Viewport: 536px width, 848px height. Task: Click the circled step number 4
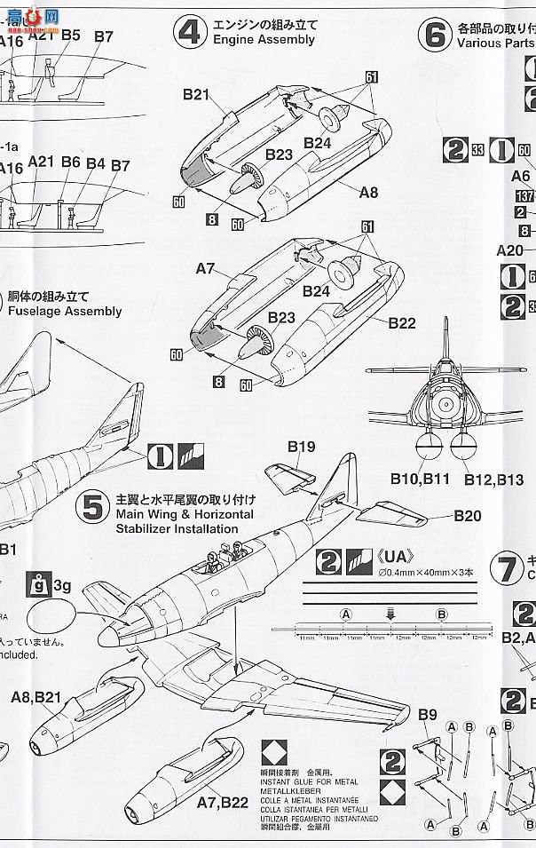point(190,32)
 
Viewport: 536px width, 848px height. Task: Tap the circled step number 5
point(93,506)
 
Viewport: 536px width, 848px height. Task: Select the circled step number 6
point(435,35)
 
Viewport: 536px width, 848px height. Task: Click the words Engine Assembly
point(264,40)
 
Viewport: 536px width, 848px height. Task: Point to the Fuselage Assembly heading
point(65,312)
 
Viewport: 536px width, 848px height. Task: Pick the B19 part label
point(301,447)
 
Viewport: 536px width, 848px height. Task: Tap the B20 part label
point(468,516)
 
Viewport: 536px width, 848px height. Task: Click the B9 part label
point(428,715)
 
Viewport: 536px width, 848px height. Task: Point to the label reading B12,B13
point(494,479)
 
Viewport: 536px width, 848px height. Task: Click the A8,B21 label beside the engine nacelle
point(35,699)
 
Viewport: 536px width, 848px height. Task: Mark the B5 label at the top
point(71,36)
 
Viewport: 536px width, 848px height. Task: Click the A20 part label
point(510,251)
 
